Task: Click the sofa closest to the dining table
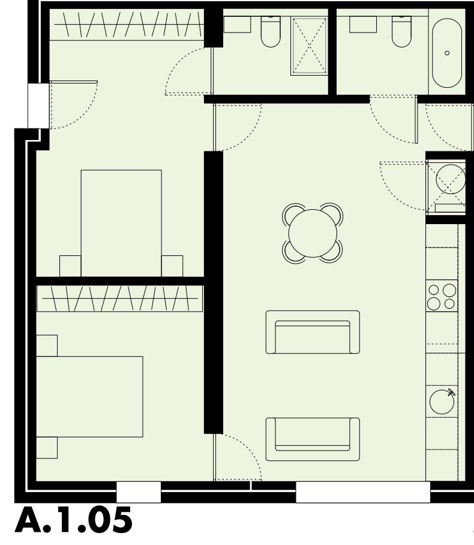313,332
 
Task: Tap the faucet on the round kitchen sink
451,393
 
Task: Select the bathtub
447,53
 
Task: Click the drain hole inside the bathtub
447,53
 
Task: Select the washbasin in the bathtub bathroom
363,24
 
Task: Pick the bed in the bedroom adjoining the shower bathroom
121,222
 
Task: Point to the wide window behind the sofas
362,492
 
